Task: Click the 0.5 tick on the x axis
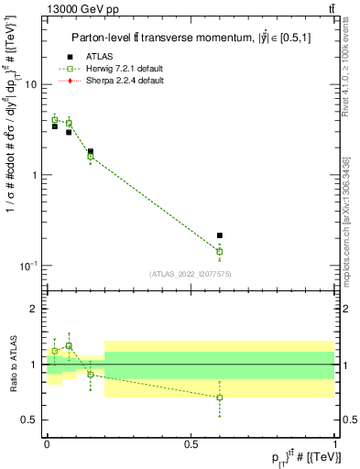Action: [x=191, y=442]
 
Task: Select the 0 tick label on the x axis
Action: [x=47, y=442]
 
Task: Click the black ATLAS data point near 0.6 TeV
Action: [x=219, y=235]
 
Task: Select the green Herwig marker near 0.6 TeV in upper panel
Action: [x=219, y=251]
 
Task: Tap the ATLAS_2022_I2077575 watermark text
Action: [x=191, y=273]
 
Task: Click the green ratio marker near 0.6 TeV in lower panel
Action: [x=219, y=398]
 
